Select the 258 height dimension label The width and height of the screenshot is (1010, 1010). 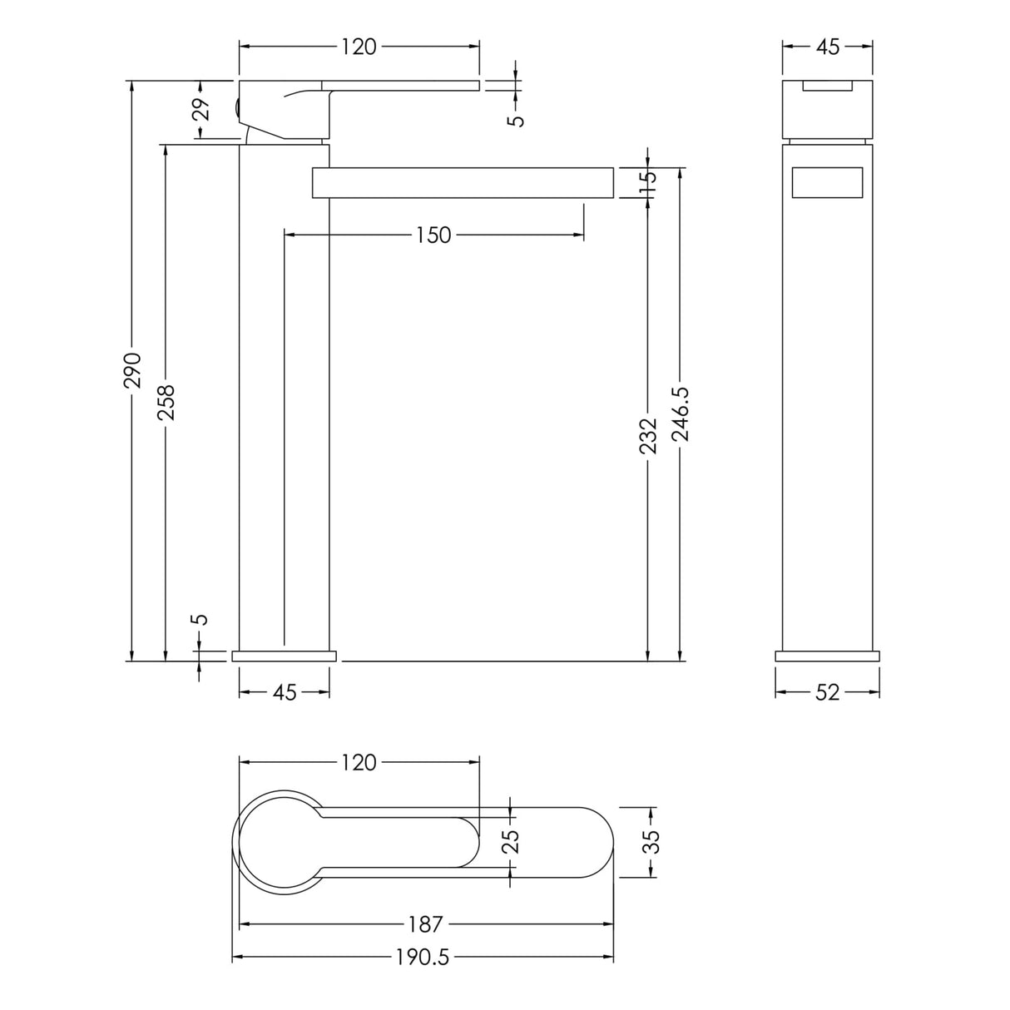coord(166,402)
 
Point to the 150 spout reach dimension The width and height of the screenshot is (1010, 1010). coord(433,235)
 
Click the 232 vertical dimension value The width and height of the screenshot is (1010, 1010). coord(649,435)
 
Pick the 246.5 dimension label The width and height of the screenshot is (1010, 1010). coord(681,413)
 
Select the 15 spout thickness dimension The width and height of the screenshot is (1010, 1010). coord(649,183)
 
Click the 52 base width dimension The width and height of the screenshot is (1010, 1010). coord(827,691)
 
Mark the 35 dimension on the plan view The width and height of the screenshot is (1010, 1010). coord(651,841)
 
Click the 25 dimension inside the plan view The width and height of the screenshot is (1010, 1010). coord(511,841)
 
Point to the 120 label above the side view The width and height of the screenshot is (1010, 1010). coord(359,47)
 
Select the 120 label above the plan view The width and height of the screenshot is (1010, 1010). coord(359,762)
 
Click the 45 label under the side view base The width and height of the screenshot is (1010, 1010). coord(285,691)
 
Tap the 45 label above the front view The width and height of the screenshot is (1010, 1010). coord(827,47)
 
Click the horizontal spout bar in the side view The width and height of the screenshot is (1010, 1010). coord(463,183)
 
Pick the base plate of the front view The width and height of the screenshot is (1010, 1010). coord(827,656)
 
